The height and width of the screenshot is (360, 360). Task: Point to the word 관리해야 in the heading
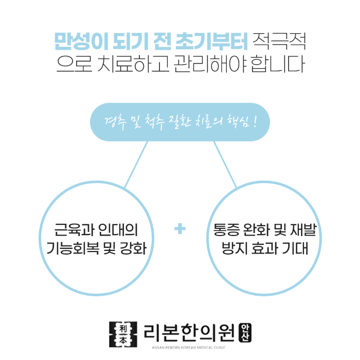tap(206, 65)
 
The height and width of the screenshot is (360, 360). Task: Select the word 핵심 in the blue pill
tap(237, 122)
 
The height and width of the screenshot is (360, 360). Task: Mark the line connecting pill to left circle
tap(136, 164)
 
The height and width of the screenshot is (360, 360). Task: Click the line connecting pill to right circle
tap(225, 164)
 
